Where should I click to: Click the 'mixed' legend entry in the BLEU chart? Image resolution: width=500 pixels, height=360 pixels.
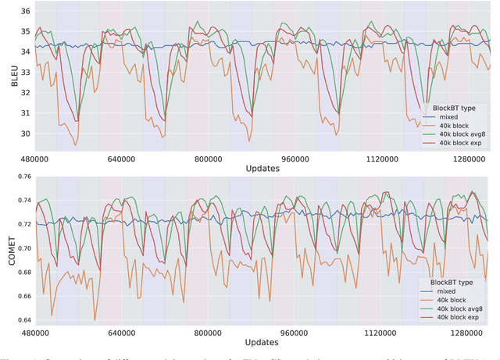coord(449,117)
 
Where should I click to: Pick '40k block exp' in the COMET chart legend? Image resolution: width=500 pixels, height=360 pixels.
coord(461,318)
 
